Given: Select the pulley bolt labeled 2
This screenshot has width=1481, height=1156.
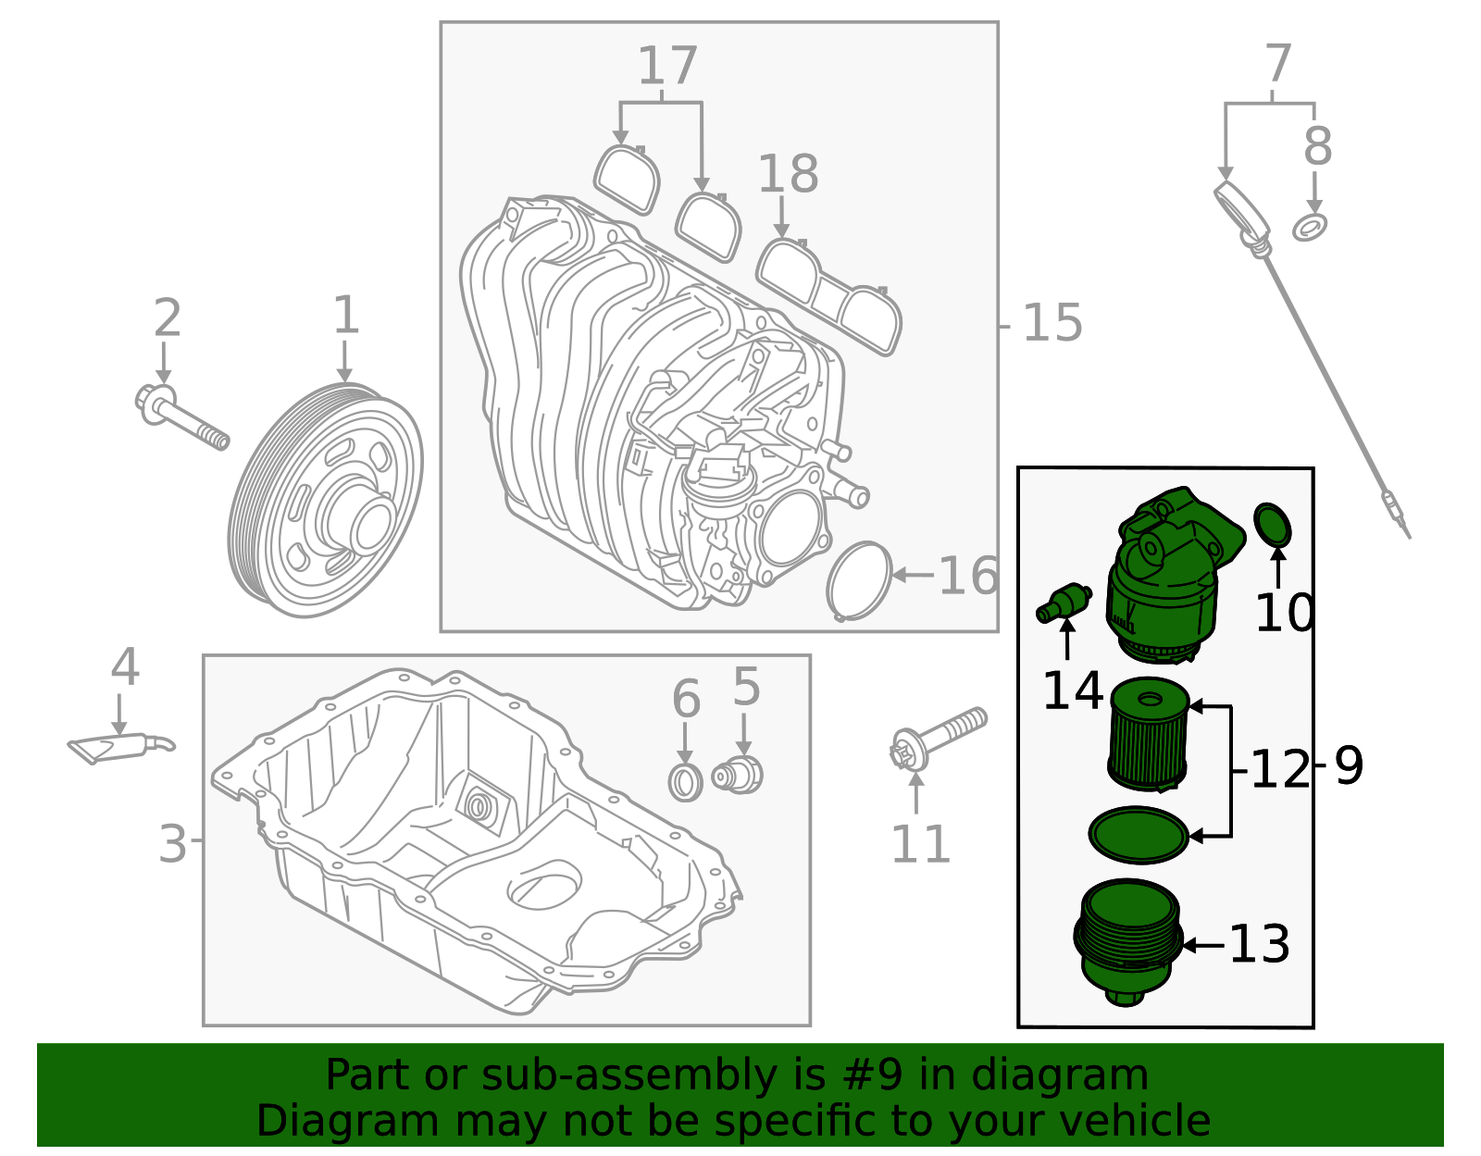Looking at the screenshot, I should click(180, 417).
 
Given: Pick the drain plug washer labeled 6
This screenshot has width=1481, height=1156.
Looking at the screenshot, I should click(685, 782).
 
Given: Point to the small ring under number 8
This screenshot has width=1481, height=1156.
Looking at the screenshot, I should click(1310, 226).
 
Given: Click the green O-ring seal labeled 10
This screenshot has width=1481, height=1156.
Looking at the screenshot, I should click(1273, 525).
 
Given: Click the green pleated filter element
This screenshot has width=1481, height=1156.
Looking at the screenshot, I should click(1148, 736).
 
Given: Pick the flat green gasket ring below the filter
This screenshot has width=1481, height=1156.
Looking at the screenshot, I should click(1139, 835).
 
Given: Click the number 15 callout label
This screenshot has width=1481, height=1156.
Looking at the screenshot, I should click(1052, 324).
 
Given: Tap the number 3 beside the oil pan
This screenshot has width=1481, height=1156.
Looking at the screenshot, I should click(172, 843).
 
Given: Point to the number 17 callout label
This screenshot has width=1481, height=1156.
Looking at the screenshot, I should click(667, 67).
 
